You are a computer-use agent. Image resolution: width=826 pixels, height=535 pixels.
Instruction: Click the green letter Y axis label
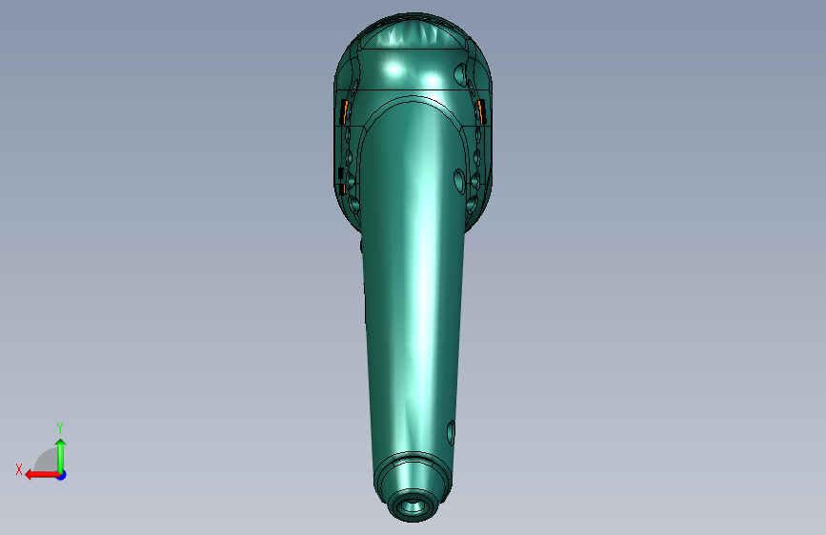pyautogui.click(x=60, y=427)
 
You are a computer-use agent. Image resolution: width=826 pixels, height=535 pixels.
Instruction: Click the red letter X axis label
pyautogui.click(x=19, y=469)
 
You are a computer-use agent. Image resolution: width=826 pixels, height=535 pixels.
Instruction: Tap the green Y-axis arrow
pyautogui.click(x=61, y=456)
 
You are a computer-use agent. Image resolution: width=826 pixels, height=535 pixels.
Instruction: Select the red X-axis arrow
pyautogui.click(x=42, y=475)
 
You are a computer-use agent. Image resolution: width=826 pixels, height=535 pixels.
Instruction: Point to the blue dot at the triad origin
pyautogui.click(x=62, y=475)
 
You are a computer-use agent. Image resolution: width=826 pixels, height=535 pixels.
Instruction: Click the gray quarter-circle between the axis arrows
pyautogui.click(x=48, y=461)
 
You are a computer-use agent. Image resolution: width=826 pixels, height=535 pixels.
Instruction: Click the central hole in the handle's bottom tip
pyautogui.click(x=413, y=507)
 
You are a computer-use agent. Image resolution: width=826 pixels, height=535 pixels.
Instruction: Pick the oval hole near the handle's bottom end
pyautogui.click(x=451, y=433)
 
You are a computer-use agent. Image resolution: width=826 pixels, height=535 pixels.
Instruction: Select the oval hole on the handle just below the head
pyautogui.click(x=459, y=181)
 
